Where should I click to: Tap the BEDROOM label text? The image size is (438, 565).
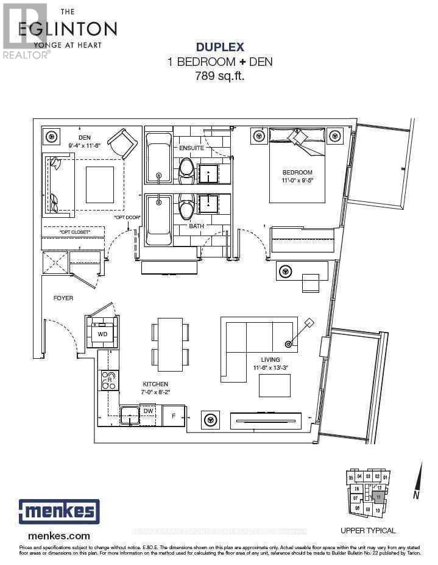297,172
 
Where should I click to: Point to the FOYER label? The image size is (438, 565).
63,298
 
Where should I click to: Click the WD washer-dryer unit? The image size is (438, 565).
102,333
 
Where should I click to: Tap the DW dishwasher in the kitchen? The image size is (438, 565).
149,411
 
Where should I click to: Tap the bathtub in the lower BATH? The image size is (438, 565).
158,219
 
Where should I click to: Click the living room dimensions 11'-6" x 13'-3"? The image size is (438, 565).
271,368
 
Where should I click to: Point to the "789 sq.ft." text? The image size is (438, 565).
219,76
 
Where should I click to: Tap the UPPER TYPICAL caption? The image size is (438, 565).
368,530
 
